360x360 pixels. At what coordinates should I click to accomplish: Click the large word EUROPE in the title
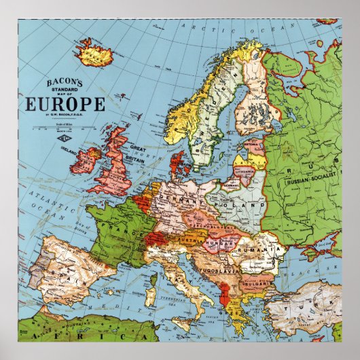coord(65,105)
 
